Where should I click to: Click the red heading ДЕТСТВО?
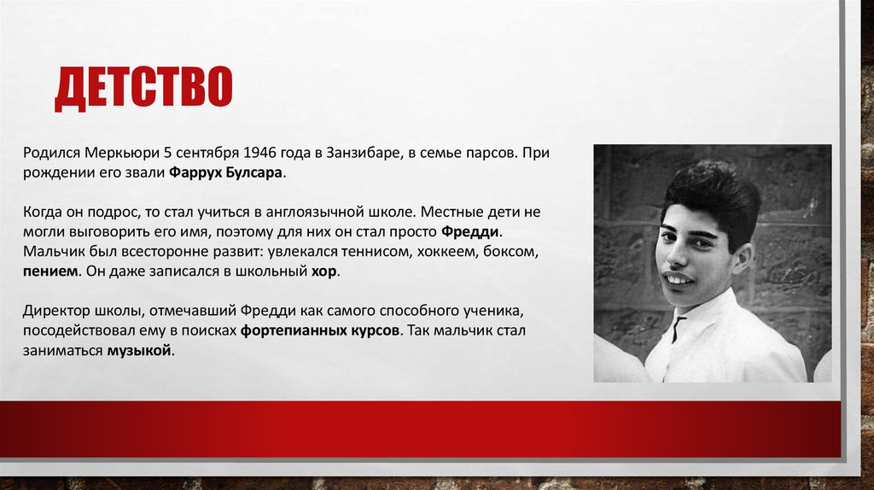tap(143, 88)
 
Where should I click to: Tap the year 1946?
tap(260, 152)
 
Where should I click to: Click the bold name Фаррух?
tap(197, 172)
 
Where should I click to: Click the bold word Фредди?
tap(471, 231)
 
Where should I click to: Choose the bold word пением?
tap(52, 271)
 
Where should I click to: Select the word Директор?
tap(55, 310)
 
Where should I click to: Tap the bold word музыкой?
tap(139, 351)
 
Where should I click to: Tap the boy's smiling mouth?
tap(679, 279)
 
